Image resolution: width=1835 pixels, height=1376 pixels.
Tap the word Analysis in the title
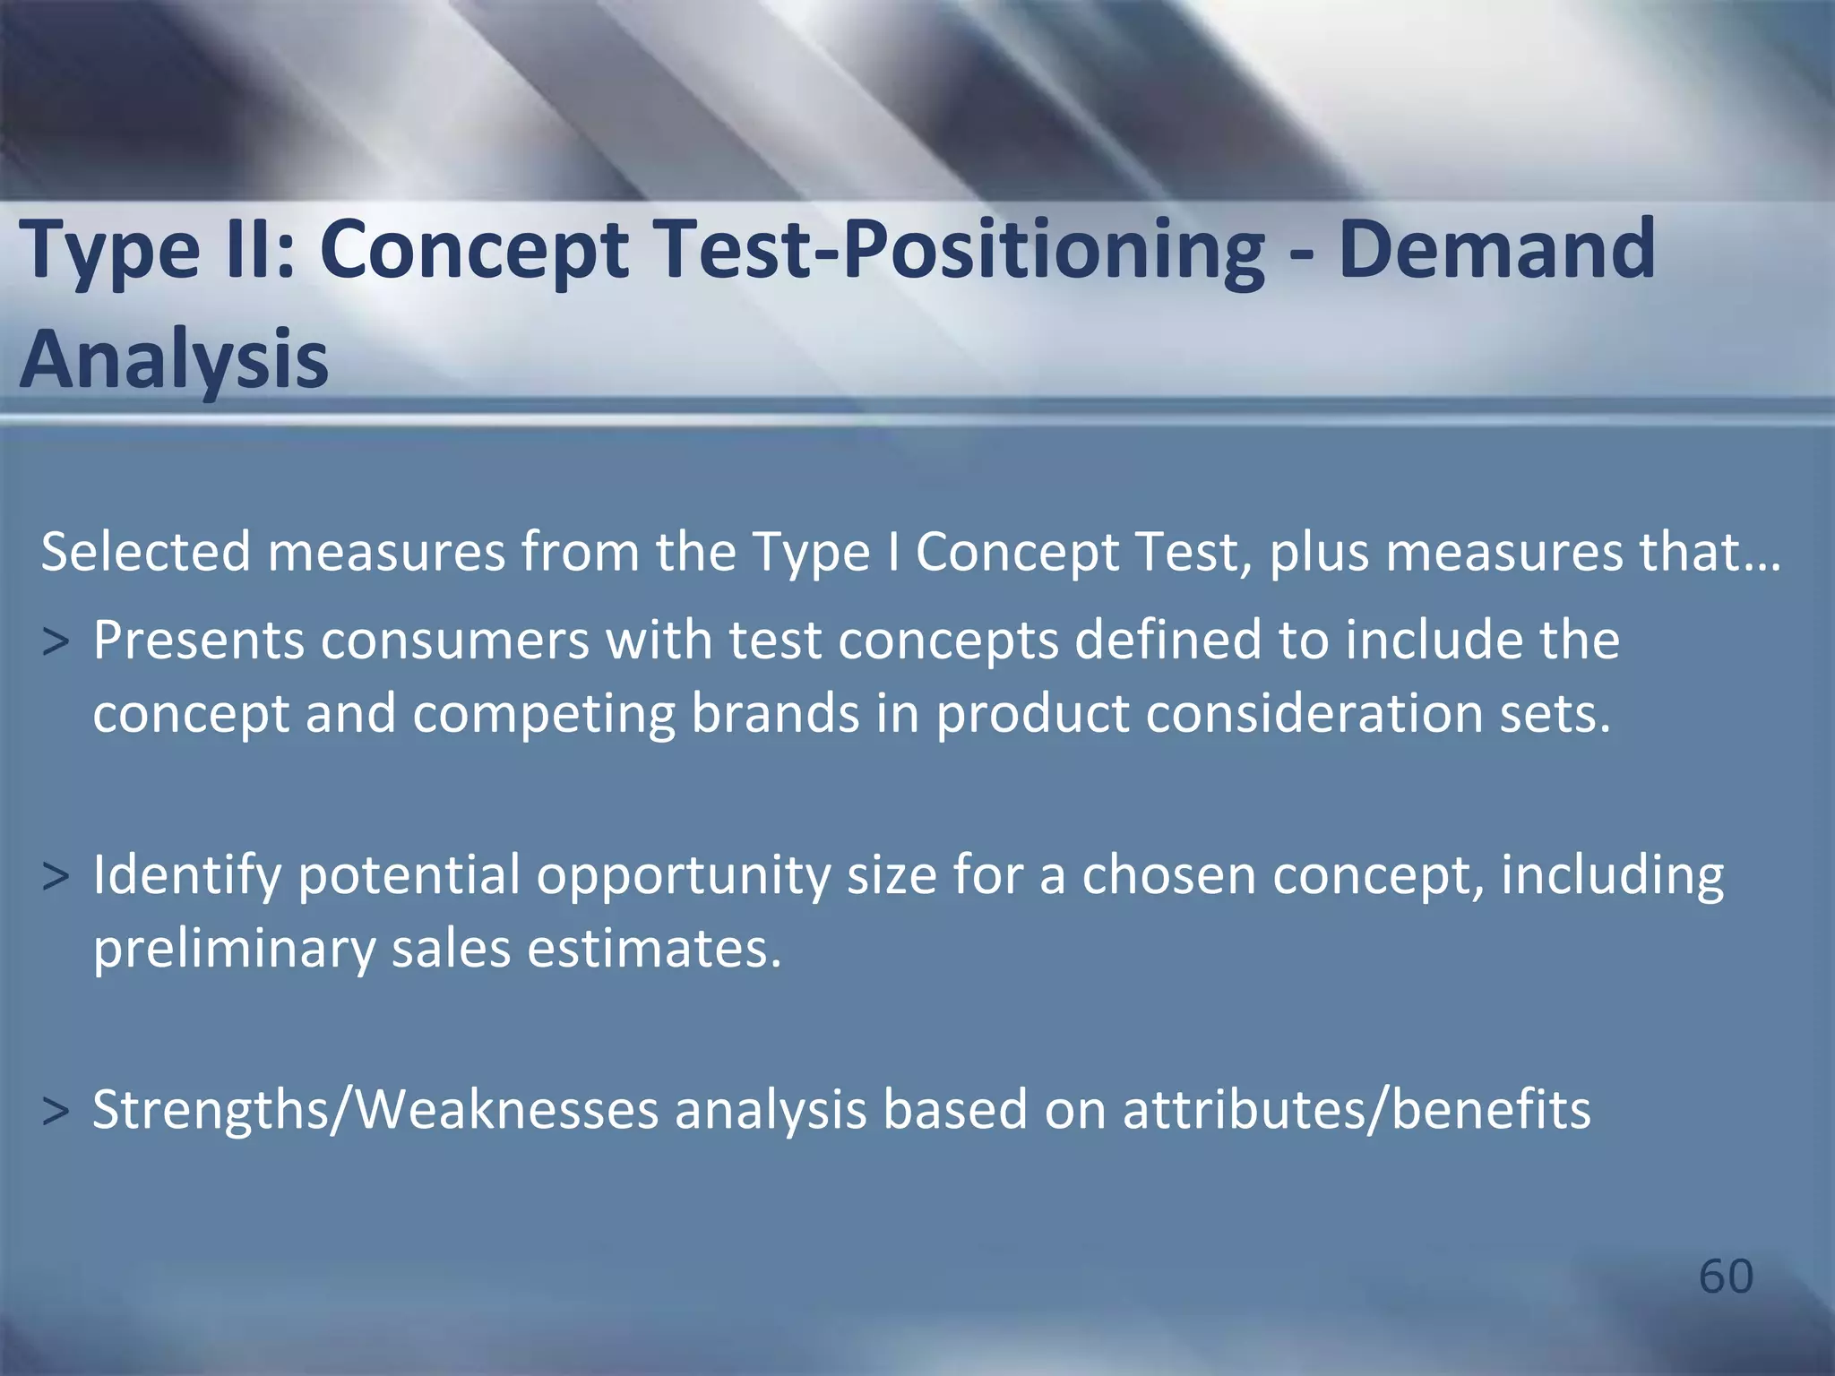[174, 358]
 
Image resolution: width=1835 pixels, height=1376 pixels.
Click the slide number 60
[1726, 1276]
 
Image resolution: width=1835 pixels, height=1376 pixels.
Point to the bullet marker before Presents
[56, 642]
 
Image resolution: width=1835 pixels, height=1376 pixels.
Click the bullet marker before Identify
[56, 877]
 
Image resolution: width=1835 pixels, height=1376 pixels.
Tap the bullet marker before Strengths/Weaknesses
[56, 1112]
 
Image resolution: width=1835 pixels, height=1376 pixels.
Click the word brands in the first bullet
[775, 714]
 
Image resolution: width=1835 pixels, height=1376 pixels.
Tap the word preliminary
[234, 950]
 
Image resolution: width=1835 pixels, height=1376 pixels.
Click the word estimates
[654, 949]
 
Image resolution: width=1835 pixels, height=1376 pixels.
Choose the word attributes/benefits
[1357, 1110]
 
